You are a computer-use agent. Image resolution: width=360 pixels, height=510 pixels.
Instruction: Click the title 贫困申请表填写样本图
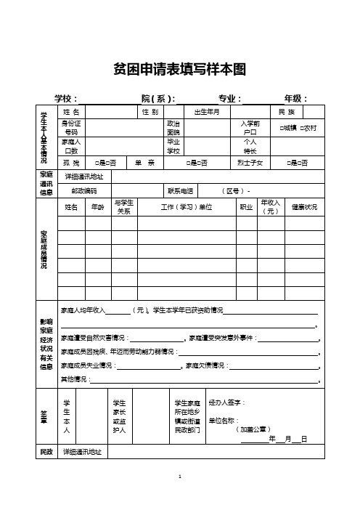(x=180, y=69)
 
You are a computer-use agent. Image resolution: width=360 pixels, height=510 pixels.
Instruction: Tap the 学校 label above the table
(x=66, y=99)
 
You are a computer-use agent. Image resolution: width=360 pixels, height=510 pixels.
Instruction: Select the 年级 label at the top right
(x=295, y=99)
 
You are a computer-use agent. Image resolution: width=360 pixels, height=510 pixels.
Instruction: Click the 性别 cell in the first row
(x=150, y=112)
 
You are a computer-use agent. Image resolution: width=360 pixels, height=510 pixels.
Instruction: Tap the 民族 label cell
(x=287, y=112)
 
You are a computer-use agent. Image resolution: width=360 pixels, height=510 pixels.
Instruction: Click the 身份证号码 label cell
(x=71, y=128)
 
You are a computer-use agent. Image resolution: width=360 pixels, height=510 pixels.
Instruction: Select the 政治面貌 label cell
(x=173, y=128)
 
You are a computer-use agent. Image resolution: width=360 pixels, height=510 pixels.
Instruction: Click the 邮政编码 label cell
(x=84, y=190)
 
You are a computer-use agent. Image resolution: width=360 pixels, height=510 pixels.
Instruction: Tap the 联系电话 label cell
(x=181, y=190)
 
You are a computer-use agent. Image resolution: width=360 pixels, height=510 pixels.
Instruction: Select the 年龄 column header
(x=97, y=207)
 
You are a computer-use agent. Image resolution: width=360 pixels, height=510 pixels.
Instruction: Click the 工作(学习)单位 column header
(x=186, y=207)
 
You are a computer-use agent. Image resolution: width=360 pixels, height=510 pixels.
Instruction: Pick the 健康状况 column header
(x=304, y=207)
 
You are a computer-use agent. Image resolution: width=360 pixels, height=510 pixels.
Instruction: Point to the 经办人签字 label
(x=226, y=402)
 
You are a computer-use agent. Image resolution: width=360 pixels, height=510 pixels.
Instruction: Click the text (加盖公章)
(x=254, y=429)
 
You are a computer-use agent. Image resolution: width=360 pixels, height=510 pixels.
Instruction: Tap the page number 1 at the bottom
(x=180, y=474)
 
